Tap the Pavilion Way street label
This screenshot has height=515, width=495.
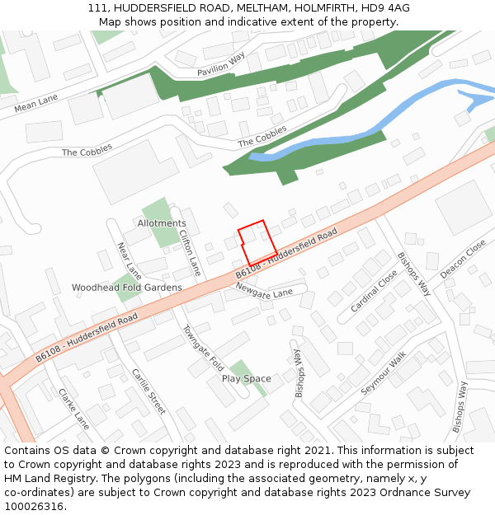[221, 65]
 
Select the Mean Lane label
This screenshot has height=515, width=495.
[36, 103]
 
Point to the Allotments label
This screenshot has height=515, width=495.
[162, 223]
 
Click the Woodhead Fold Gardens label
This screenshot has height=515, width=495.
[126, 288]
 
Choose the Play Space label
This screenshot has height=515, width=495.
[246, 379]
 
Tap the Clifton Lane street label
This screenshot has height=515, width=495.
[190, 252]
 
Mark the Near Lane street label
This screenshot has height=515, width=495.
[130, 260]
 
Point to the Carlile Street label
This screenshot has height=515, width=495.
[148, 391]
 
